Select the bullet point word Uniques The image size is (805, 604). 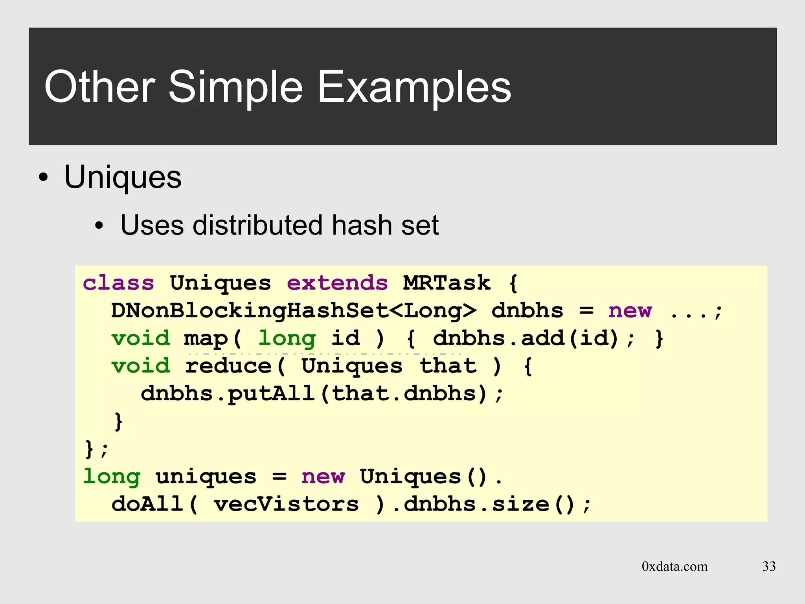tap(123, 177)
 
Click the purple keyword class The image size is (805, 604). tap(118, 283)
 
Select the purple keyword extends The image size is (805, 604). tap(337, 283)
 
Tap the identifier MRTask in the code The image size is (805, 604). tap(447, 283)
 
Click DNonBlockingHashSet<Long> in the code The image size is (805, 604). tap(294, 311)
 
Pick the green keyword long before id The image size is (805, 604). tap(287, 339)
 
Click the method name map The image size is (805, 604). tap(206, 339)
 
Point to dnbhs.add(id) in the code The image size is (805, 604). tap(526, 338)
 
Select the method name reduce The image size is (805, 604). tap(228, 366)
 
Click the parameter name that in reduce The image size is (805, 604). tap(448, 366)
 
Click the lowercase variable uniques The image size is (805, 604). tap(206, 477)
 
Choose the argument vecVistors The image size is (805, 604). tap(286, 505)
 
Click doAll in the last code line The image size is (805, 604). tap(147, 505)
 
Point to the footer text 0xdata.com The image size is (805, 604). tap(675, 566)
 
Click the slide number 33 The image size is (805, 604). tap(769, 566)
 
